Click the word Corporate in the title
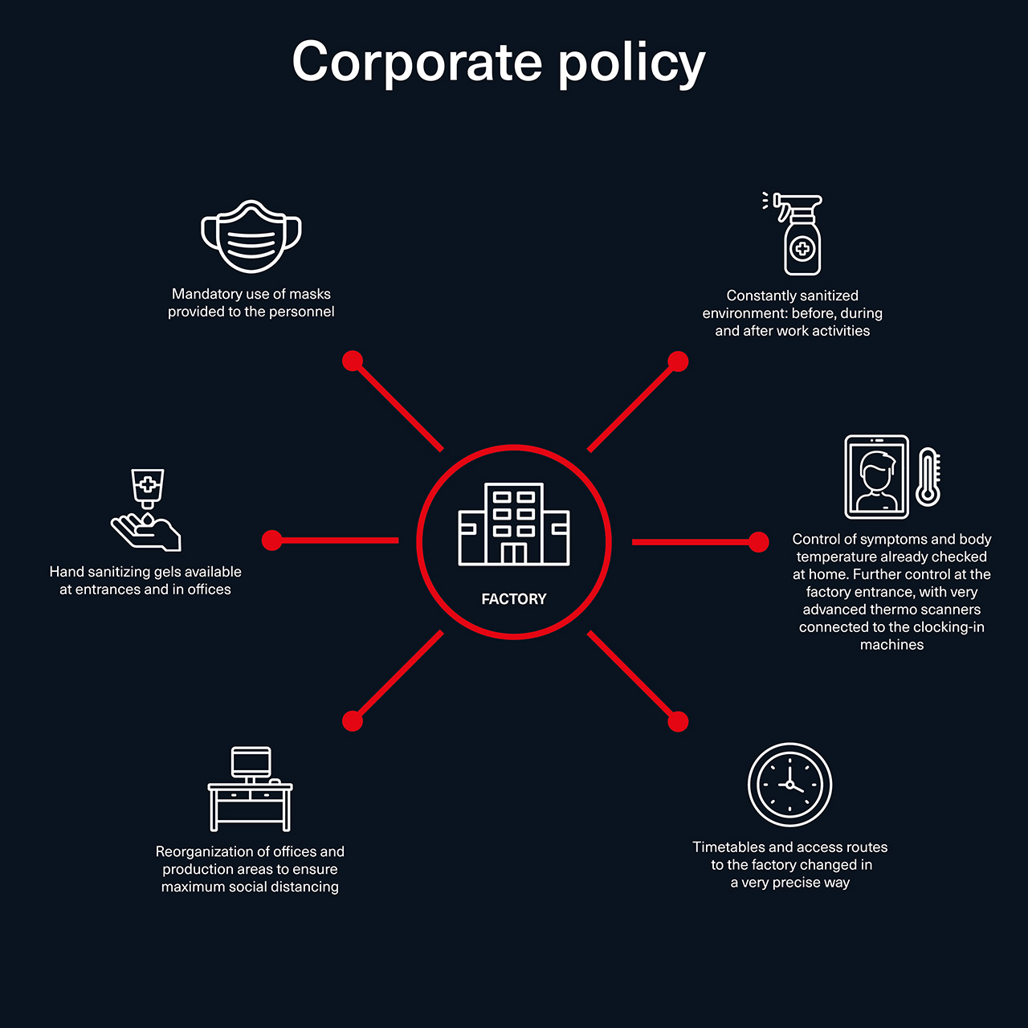(417, 63)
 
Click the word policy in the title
(631, 65)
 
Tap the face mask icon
(251, 236)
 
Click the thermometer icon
(928, 476)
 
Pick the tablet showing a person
(876, 476)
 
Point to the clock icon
(789, 785)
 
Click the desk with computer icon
(251, 789)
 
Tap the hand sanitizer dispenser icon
(146, 509)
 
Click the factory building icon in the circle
(514, 524)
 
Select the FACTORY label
(514, 599)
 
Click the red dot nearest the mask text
(353, 361)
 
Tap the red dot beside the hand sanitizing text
(272, 541)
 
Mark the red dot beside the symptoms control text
(759, 542)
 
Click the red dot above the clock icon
(678, 722)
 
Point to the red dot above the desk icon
(353, 721)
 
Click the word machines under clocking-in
(891, 644)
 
